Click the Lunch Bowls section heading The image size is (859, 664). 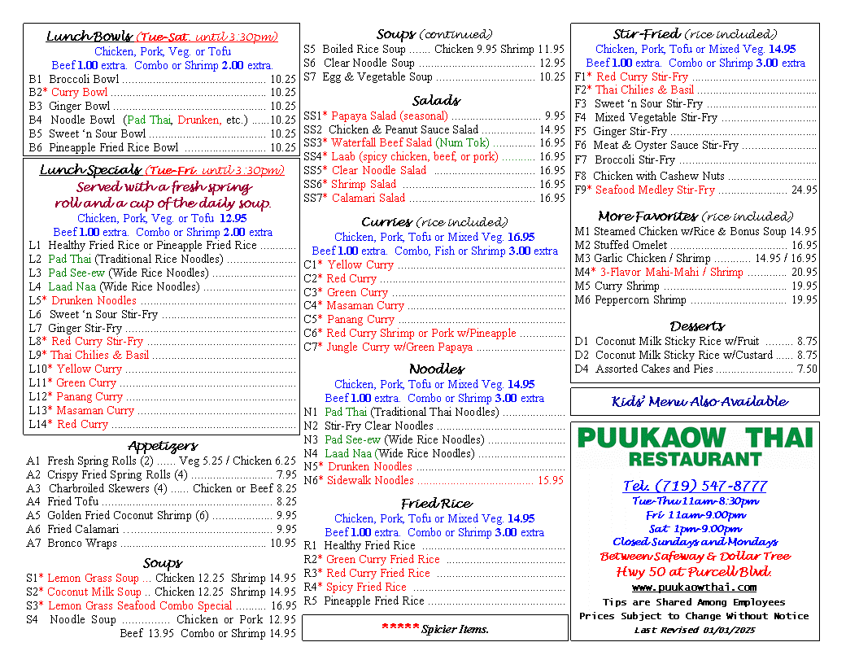(89, 37)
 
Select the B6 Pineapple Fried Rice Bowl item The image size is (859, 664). (113, 148)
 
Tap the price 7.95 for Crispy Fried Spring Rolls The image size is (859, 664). (286, 475)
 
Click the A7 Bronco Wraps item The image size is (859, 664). (82, 544)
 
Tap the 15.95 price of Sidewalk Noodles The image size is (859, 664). (550, 481)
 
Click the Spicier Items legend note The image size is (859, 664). (435, 629)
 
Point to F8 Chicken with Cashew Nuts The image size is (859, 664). (658, 176)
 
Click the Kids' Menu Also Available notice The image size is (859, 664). (699, 402)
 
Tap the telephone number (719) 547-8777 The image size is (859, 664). (695, 486)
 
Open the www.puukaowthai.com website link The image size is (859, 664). (694, 588)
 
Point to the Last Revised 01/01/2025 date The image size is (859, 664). (694, 631)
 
